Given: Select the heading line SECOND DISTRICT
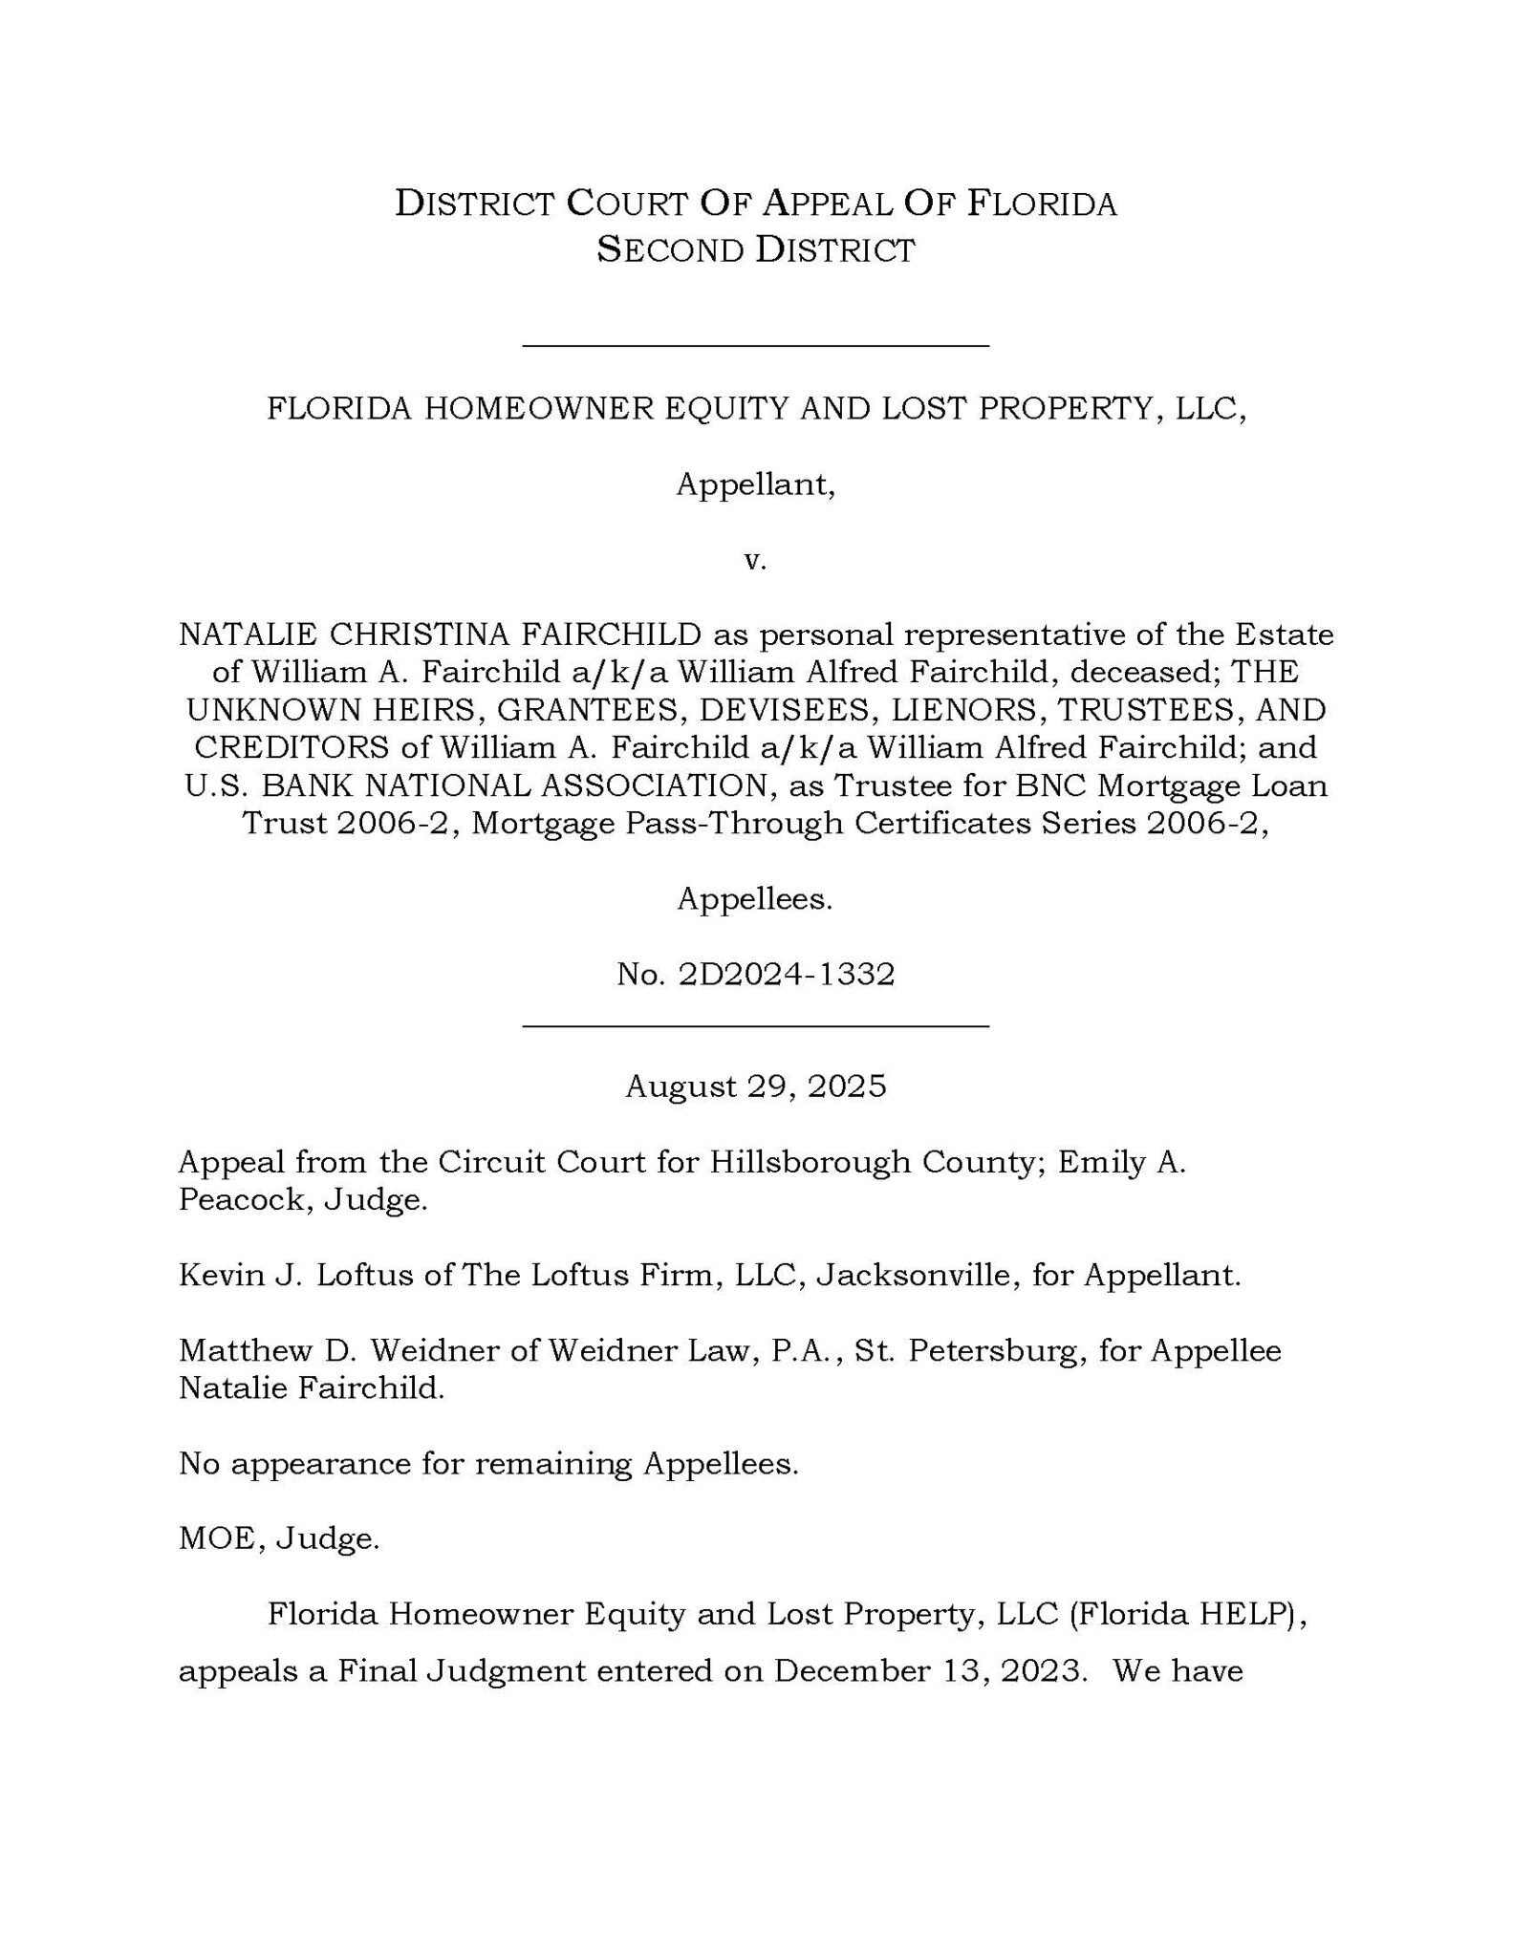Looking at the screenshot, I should tap(756, 250).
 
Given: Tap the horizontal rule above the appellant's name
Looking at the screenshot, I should tap(755, 345).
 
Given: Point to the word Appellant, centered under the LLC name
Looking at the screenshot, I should tap(756, 485).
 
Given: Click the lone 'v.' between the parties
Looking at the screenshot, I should tap(756, 560).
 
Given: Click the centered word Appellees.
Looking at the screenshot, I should tap(755, 898).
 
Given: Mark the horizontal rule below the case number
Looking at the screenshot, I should tap(755, 1025).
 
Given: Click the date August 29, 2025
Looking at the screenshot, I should tap(756, 1086).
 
